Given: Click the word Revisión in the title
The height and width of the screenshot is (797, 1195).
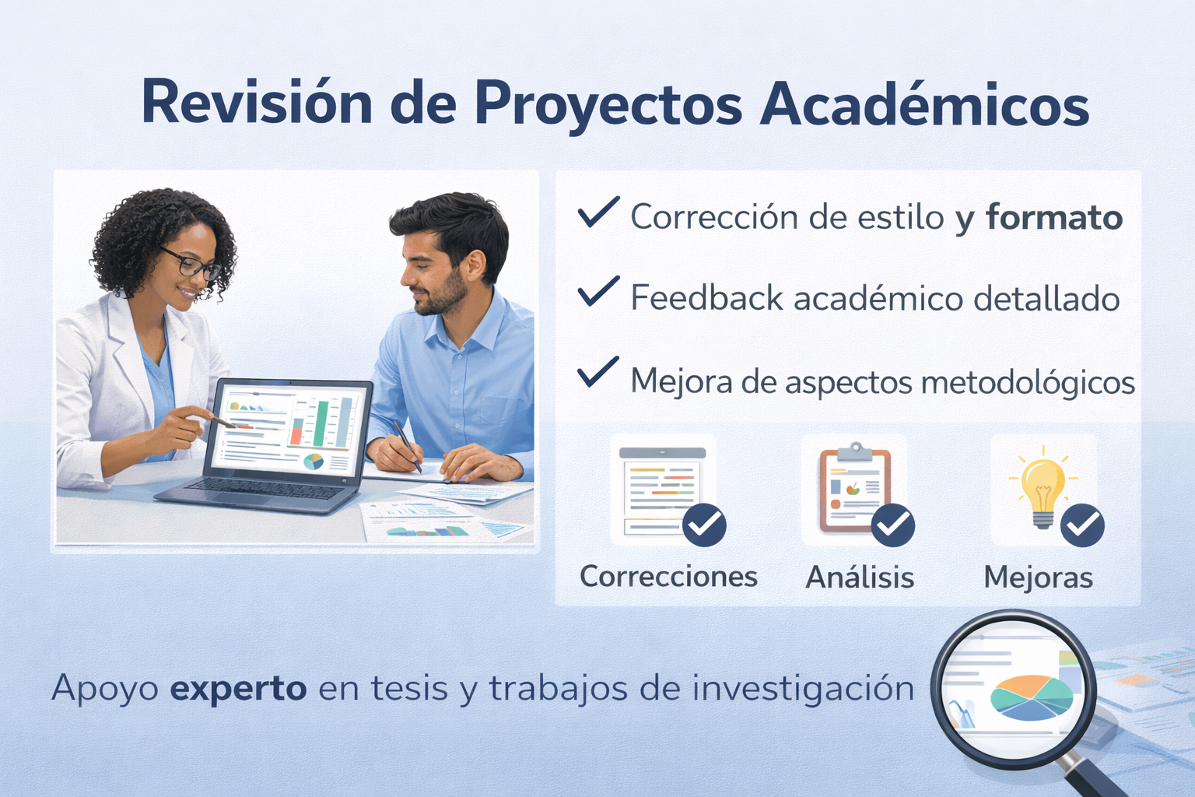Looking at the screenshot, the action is click(257, 103).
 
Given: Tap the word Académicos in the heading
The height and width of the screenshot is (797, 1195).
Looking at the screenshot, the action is click(924, 103).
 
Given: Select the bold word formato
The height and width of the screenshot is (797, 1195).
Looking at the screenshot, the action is click(1054, 217).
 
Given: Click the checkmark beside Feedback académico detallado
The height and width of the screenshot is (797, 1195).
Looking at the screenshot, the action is click(598, 291).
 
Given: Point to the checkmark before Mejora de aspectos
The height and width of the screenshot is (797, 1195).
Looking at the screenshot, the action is click(598, 371).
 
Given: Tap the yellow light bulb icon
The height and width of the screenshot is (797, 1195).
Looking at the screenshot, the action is click(1043, 487).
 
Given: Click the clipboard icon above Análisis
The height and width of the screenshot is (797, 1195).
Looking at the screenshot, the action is click(855, 487).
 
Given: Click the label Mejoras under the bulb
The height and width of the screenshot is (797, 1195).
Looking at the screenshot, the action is click(1038, 577).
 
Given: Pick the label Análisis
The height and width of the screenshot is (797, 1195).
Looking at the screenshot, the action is click(860, 577).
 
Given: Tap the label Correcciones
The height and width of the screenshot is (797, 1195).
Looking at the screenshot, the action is click(668, 577).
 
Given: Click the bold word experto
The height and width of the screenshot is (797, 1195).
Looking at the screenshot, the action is click(238, 690).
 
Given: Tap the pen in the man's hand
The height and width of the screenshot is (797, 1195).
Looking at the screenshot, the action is click(407, 445).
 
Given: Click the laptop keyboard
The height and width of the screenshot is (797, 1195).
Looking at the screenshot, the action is click(267, 489).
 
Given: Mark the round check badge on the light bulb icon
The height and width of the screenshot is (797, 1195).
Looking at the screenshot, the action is click(1082, 525).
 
